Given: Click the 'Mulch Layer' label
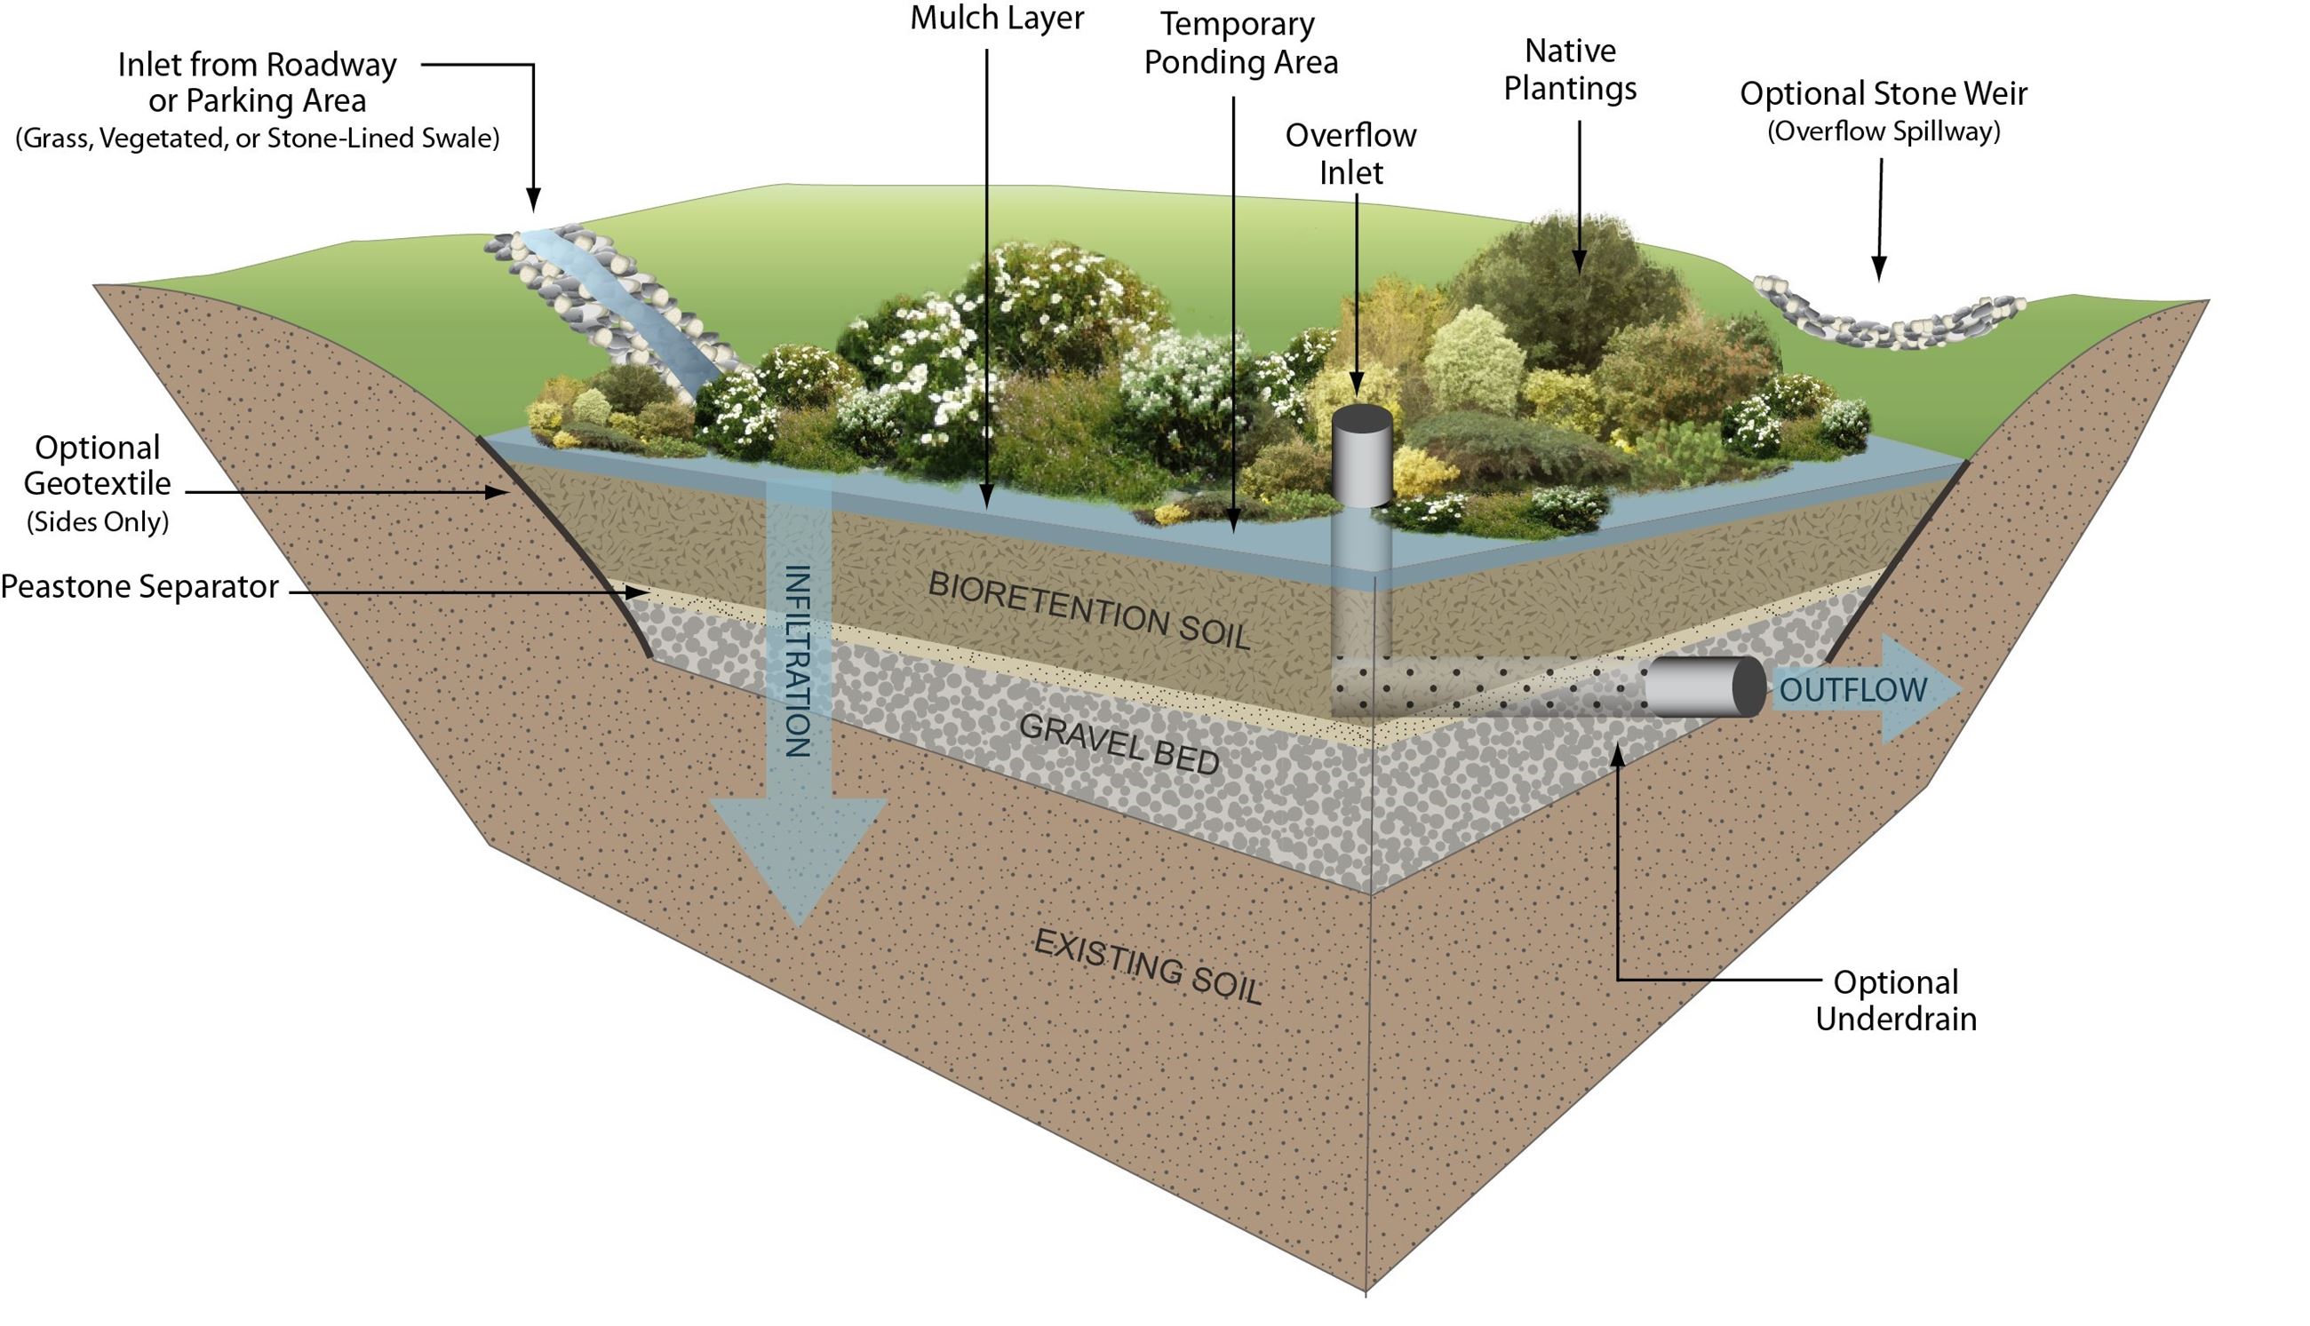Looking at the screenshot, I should click(997, 19).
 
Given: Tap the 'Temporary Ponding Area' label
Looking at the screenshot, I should click(1240, 44).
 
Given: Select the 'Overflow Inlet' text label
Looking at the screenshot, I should click(1350, 153).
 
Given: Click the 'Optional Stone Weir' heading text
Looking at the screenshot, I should click(1883, 93).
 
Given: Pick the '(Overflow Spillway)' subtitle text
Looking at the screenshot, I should click(1883, 132).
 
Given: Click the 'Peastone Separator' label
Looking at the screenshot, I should click(139, 587).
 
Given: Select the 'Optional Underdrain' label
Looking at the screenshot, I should click(1896, 1000).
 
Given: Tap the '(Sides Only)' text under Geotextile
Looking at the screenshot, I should click(98, 522).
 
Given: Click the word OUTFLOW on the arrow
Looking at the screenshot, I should click(1852, 690).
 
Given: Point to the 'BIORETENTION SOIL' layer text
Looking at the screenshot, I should click(1088, 611).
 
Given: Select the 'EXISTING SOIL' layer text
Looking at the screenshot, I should click(1148, 967).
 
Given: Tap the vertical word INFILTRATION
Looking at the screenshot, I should click(797, 660).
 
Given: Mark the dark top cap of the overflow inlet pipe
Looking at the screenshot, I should click(1362, 421).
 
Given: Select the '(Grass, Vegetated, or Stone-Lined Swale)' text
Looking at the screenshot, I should click(258, 139).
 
